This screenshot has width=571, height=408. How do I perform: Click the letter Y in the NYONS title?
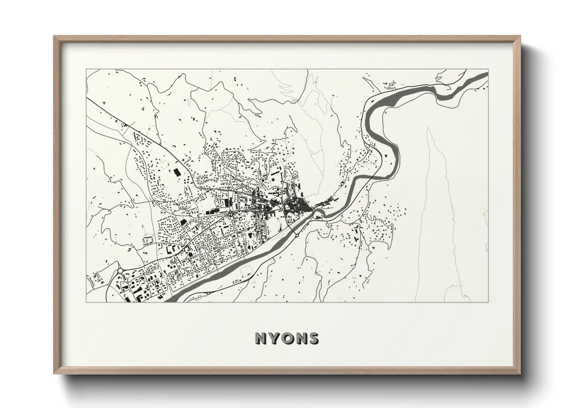tap(273, 338)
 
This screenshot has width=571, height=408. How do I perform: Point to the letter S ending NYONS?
tap(314, 338)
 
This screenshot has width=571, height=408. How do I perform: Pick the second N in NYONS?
tap(301, 338)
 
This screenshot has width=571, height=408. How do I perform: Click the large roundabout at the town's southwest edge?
tap(120, 271)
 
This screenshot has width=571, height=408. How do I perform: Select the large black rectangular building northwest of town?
tap(177, 172)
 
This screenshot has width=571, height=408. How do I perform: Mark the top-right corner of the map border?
tap(488, 69)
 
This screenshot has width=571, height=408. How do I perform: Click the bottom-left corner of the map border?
tap(86, 302)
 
